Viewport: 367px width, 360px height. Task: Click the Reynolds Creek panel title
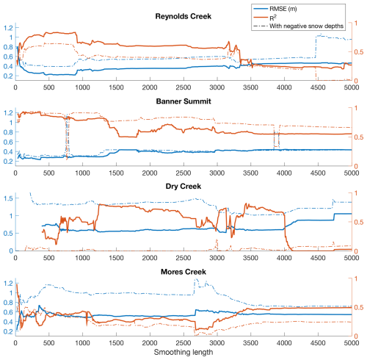[183, 16]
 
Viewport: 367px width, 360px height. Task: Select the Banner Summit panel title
[183, 101]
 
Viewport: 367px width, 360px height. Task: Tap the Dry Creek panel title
[183, 187]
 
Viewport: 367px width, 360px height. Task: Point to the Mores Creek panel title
[183, 272]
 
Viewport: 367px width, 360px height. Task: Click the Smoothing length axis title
[183, 352]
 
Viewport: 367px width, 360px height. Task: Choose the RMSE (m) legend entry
[283, 9]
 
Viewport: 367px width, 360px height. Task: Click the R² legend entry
[273, 18]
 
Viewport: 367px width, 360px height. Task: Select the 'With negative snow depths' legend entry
[306, 26]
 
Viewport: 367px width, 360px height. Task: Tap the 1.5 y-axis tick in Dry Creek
[8, 198]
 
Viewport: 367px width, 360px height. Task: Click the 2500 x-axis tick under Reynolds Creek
[183, 87]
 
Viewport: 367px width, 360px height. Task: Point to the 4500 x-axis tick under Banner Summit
[318, 173]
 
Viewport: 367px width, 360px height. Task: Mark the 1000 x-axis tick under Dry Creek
[82, 258]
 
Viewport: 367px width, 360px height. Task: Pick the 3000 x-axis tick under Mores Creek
[217, 343]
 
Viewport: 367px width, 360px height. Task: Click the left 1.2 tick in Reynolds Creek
[8, 28]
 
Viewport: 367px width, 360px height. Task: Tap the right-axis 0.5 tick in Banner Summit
[359, 137]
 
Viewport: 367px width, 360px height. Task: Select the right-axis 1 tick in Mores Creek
[356, 278]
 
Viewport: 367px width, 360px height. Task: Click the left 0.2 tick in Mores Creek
[8, 331]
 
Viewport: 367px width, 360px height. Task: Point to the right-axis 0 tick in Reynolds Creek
[356, 81]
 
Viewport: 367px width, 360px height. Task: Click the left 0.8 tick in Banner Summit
[8, 132]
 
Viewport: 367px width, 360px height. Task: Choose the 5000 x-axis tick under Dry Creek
[352, 258]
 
